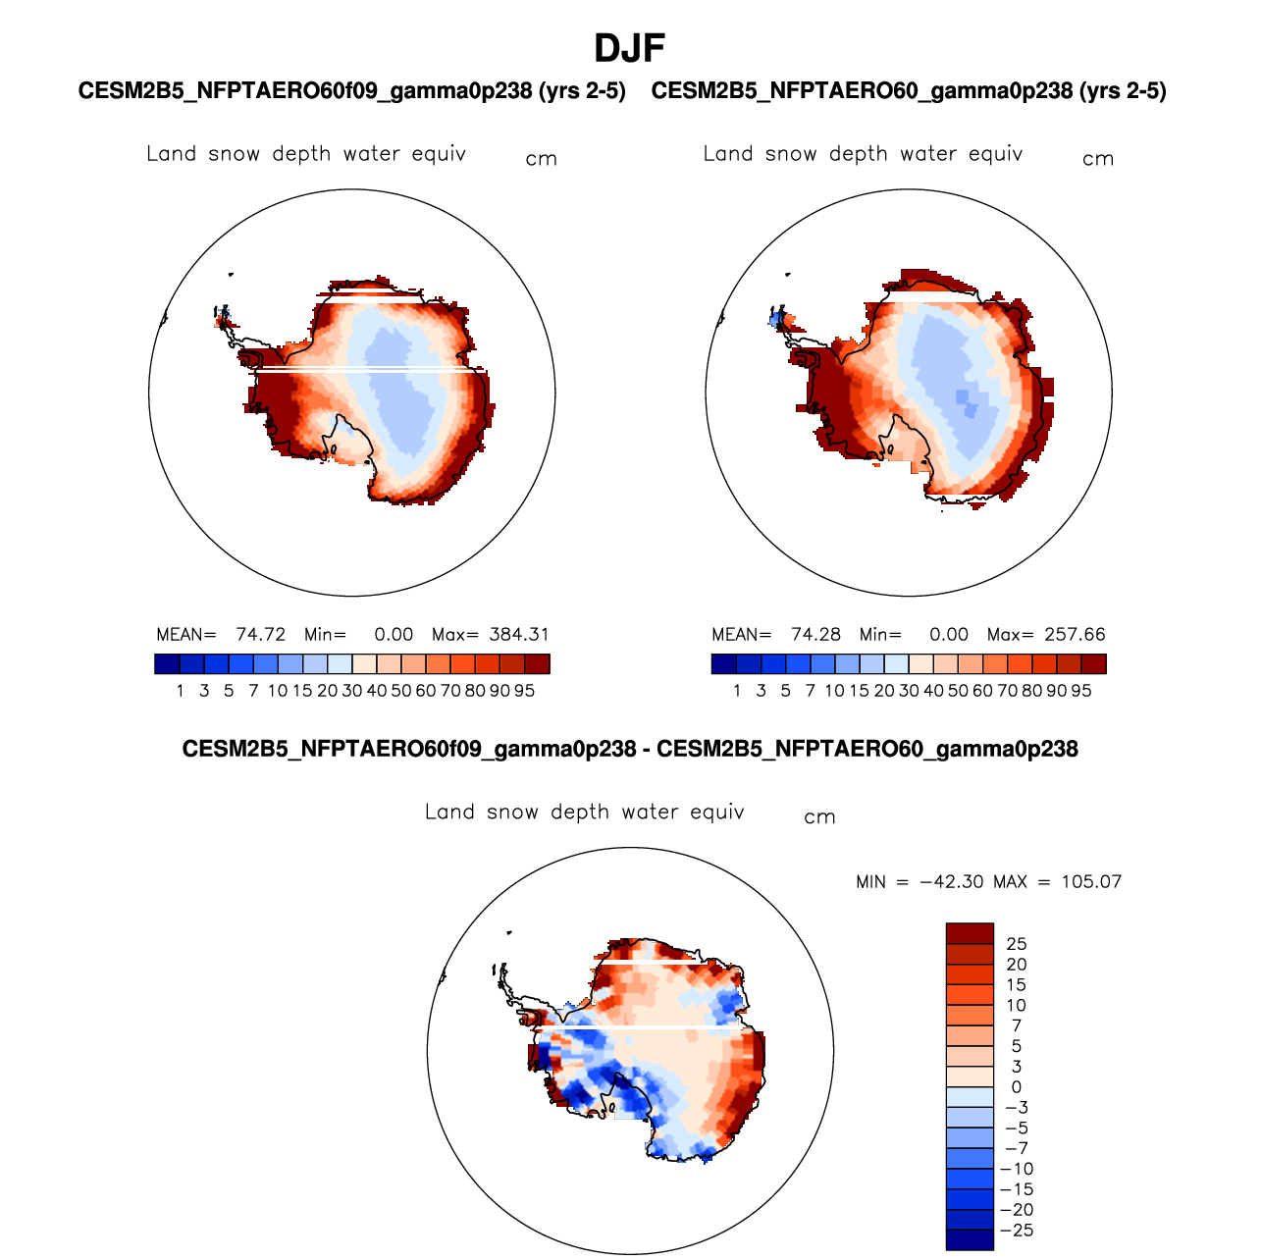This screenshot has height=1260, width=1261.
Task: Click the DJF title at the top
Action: (x=630, y=48)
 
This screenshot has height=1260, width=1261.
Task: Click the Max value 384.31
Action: (x=519, y=635)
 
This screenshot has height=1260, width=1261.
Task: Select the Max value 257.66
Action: (x=1076, y=635)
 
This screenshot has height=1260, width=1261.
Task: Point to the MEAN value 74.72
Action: (x=260, y=635)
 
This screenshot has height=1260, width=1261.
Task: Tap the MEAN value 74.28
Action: (x=816, y=635)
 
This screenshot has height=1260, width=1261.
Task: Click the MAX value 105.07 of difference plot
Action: (x=1091, y=881)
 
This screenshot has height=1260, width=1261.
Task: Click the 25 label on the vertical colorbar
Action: (x=1017, y=944)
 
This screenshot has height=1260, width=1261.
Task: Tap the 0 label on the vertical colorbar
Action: (x=1017, y=1087)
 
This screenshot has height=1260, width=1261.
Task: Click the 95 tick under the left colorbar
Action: (x=525, y=691)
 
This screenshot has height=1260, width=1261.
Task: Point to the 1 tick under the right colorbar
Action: (x=737, y=691)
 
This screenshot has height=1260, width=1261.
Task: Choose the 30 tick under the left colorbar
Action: (x=352, y=691)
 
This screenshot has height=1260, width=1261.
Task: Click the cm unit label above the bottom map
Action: (x=819, y=817)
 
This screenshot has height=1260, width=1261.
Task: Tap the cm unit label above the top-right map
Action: (x=1098, y=159)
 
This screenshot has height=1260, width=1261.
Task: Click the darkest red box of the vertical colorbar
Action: (x=970, y=933)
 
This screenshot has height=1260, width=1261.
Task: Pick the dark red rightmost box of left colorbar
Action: (x=538, y=664)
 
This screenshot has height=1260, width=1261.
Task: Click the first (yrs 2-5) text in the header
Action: (x=582, y=91)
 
